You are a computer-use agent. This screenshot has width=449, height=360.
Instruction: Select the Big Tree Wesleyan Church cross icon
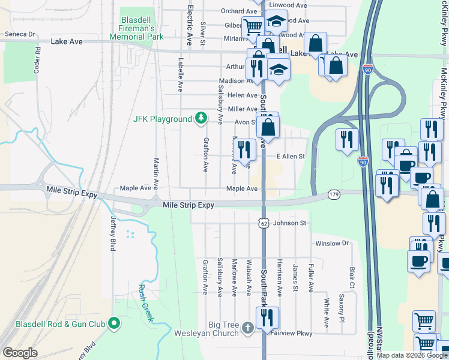point(249,328)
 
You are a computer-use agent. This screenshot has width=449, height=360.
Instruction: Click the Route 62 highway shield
point(264,223)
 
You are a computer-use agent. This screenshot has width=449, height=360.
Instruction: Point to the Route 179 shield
point(334,194)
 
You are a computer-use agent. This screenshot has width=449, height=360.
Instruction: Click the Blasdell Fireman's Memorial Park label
point(137,28)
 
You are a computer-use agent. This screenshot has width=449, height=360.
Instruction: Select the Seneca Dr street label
point(20,35)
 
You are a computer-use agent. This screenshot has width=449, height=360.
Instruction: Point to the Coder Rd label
point(37,60)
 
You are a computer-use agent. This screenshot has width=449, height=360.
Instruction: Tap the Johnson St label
point(290,223)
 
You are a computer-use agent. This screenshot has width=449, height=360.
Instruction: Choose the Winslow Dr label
point(332,243)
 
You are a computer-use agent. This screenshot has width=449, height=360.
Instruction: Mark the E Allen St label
point(291,157)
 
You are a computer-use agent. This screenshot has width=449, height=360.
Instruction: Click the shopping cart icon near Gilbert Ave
point(253,26)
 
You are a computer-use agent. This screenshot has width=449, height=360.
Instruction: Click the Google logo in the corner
point(20,353)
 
